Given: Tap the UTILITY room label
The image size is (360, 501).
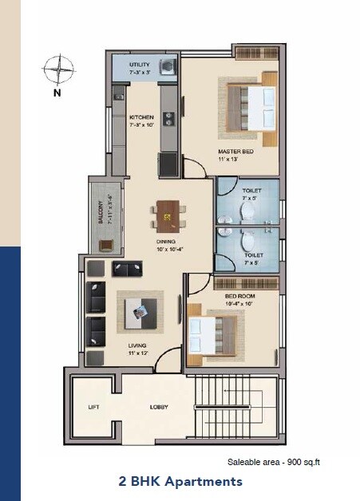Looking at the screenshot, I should pos(140,64).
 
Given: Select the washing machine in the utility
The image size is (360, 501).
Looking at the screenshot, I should pos(168,66).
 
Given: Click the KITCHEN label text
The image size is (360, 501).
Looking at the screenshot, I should pos(141,117).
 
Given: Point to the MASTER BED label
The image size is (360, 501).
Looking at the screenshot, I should pos(236,150).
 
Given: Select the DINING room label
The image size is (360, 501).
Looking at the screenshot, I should pos(167,241).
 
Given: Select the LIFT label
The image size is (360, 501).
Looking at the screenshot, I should pos(93,407).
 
